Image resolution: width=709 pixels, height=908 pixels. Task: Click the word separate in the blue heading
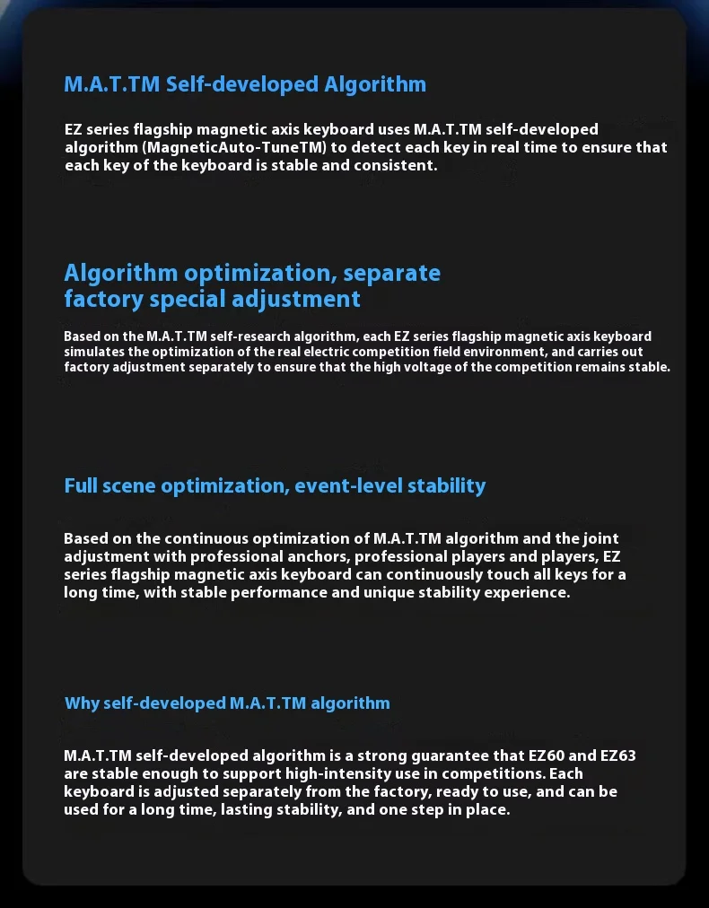coord(392,273)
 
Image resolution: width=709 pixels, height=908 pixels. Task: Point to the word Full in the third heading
coord(81,486)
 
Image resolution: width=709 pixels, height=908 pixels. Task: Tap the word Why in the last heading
coord(82,703)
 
